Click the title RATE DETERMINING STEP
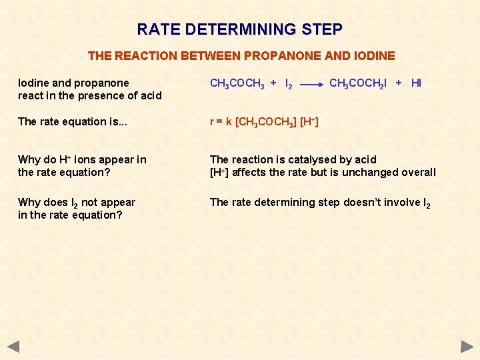240,29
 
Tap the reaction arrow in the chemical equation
311,85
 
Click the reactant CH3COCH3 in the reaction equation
236,84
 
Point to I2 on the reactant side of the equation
288,84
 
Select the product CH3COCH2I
357,84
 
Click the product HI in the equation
416,83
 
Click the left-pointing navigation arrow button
13,347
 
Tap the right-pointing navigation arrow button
467,347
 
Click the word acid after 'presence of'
149,95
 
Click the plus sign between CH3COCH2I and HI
398,83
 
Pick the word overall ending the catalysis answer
417,172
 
